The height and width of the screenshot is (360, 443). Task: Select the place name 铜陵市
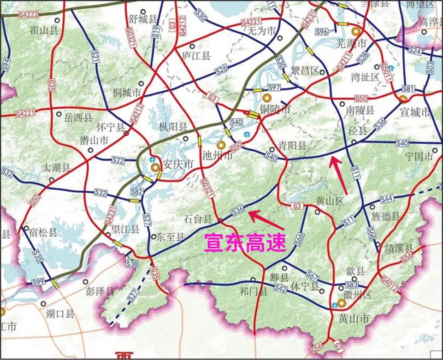tap(276, 109)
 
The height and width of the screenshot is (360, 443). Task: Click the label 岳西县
tap(78, 118)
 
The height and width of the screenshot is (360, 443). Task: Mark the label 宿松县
tap(44, 232)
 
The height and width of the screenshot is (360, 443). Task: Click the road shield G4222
tap(28, 15)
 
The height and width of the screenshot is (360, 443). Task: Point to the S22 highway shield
tap(118, 160)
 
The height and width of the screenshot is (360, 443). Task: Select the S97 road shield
tap(274, 88)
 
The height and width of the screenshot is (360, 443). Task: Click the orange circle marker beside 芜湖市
tap(355, 31)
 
